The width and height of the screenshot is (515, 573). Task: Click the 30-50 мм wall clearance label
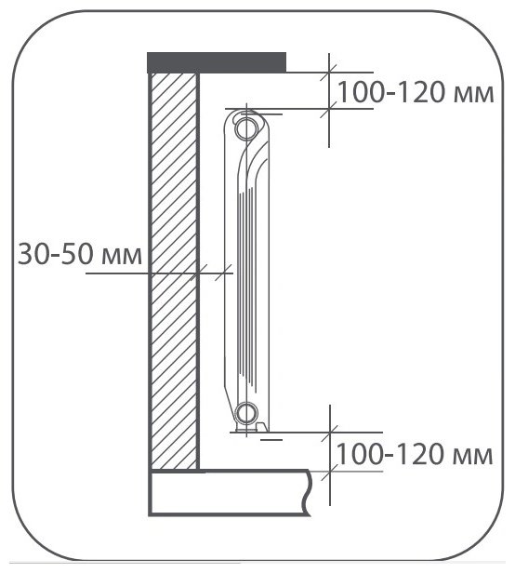click(x=80, y=254)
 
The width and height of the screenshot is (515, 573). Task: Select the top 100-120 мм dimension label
click(x=416, y=92)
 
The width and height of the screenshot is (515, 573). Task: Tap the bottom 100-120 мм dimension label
click(x=415, y=454)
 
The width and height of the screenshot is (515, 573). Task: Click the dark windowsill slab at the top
click(x=217, y=62)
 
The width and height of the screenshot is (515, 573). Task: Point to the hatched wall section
click(x=174, y=271)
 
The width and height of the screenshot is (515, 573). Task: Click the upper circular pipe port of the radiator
click(x=246, y=128)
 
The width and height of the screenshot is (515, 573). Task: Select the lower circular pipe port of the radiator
click(x=246, y=414)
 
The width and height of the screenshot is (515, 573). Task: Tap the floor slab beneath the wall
click(x=231, y=493)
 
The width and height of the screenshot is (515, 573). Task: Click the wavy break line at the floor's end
click(x=309, y=493)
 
